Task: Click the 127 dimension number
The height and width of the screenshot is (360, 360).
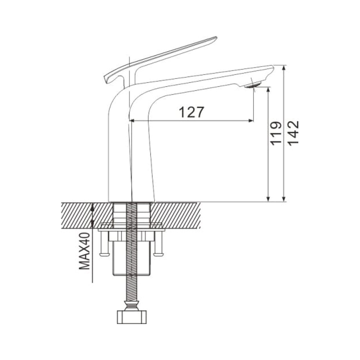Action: tap(191, 112)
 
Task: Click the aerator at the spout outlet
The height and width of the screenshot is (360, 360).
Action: tap(252, 85)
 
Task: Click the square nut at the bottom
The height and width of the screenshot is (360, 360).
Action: tap(131, 317)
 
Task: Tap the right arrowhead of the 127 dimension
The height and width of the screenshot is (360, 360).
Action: tap(251, 120)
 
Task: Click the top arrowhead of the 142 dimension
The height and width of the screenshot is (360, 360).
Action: tap(284, 68)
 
